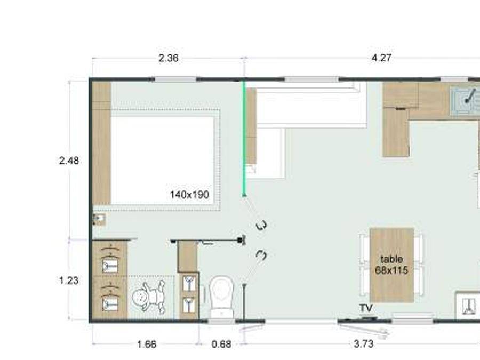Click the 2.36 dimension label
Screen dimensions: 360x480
click(169, 58)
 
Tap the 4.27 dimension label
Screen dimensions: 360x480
click(381, 58)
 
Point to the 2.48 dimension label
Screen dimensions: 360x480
click(69, 161)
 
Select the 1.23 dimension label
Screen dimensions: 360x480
click(69, 280)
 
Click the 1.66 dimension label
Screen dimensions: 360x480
click(147, 344)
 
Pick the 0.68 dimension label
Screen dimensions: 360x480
click(221, 344)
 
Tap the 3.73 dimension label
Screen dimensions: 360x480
click(363, 344)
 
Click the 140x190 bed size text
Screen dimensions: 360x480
click(189, 195)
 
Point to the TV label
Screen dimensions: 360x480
click(365, 308)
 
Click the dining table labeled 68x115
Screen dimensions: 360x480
click(391, 265)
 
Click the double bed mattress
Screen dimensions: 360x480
click(163, 157)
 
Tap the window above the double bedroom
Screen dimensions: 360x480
click(175, 79)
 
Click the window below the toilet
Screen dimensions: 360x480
click(221, 321)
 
